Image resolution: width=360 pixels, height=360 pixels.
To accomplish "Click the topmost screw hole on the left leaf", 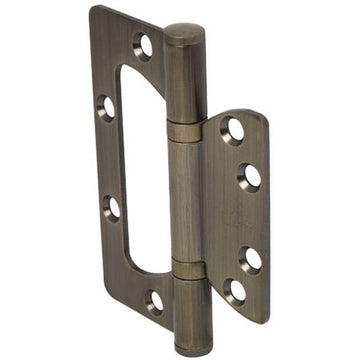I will pos(144,45).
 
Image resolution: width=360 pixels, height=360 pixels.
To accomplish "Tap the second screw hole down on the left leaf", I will pos(106,106).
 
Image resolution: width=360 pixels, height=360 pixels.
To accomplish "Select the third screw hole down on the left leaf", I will pos(111,208).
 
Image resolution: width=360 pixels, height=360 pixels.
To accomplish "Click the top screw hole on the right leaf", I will pos(233,130).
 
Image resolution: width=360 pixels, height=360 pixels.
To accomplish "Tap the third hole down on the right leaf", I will pos(251,258).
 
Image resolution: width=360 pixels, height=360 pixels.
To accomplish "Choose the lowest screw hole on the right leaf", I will pos(234,292).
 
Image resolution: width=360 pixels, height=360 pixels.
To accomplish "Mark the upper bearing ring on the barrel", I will pos(185,131).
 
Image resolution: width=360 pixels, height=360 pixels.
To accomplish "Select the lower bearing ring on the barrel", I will pos(189,269).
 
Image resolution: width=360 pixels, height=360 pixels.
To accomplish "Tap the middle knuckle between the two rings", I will pos(187,200).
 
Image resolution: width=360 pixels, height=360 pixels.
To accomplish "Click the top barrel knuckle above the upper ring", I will pos(184,85).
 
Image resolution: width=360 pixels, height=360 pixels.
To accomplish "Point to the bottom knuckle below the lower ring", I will pos(191,310).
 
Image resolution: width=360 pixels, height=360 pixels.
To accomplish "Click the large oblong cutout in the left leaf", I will pos(140,170).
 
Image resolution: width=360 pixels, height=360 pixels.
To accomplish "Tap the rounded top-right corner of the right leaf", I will pos(262,118).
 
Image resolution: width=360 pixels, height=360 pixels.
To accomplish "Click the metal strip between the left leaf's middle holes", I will pos(108,157).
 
